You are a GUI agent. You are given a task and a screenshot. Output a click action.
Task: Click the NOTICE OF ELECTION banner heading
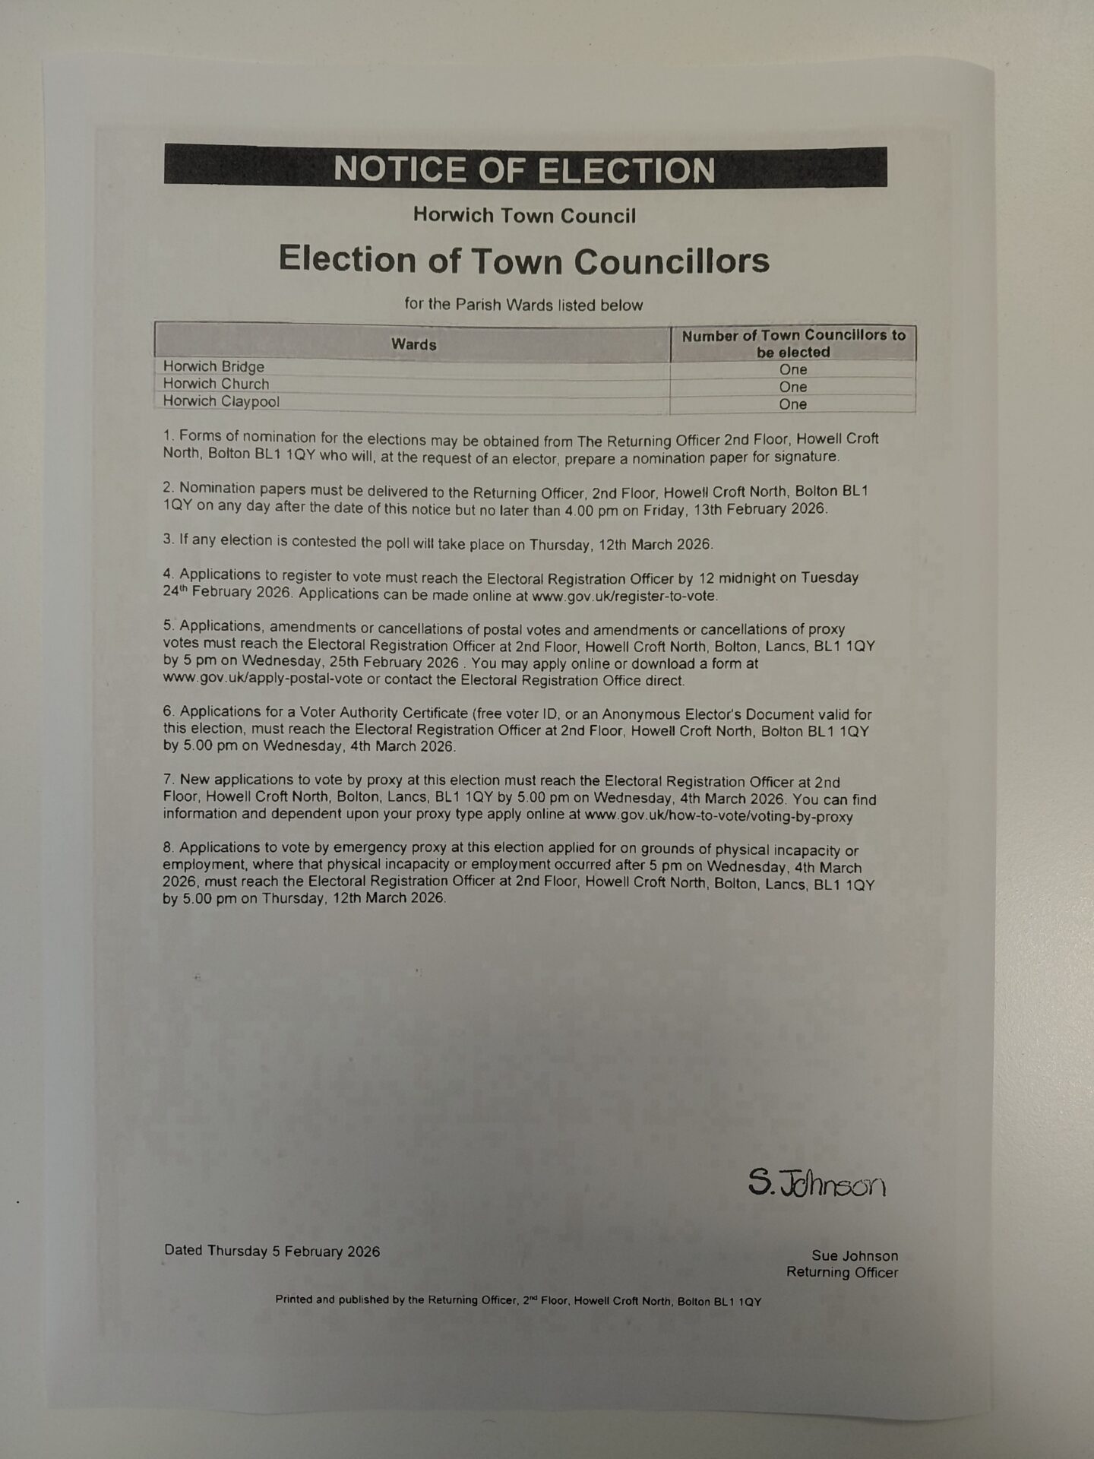pos(524,169)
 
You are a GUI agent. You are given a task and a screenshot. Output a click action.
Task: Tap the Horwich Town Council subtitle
pos(524,216)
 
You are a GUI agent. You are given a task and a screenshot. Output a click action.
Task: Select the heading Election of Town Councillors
pos(524,260)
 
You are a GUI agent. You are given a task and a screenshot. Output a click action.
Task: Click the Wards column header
pos(413,344)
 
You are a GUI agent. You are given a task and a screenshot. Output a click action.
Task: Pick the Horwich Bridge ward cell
pos(213,366)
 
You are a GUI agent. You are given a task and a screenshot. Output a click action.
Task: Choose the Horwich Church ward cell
pos(216,384)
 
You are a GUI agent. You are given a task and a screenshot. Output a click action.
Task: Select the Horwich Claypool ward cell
pos(221,401)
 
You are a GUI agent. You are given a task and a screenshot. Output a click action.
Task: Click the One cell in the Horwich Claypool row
pos(792,404)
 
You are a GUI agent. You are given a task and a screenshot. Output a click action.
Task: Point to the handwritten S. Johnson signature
pos(817,1183)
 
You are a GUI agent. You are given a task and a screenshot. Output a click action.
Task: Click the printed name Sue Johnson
pos(854,1255)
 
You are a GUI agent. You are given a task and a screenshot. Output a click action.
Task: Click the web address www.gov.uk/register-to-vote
pos(624,597)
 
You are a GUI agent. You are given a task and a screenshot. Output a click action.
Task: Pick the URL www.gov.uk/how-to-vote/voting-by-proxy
pos(719,817)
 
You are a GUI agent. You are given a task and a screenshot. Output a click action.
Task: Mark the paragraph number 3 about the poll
pos(168,540)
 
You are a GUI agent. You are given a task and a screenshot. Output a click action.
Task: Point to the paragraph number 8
pos(168,847)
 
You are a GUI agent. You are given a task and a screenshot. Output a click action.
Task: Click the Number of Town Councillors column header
pos(793,343)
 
